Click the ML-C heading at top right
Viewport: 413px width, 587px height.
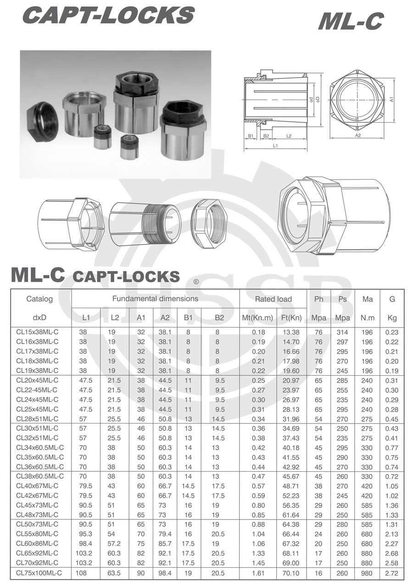(350, 22)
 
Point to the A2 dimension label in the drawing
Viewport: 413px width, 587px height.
(357, 135)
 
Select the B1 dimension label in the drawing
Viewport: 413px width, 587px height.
(251, 136)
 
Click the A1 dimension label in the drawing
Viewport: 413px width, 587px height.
(391, 99)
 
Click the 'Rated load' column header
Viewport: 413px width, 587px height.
(273, 299)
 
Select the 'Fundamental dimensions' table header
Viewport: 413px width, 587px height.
(155, 299)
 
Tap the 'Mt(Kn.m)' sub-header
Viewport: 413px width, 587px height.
(257, 317)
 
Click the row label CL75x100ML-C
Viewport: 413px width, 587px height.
(39, 573)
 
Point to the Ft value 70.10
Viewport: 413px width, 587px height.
(291, 573)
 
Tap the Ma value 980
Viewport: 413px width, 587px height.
(367, 573)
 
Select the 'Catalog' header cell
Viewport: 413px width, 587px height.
(39, 299)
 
